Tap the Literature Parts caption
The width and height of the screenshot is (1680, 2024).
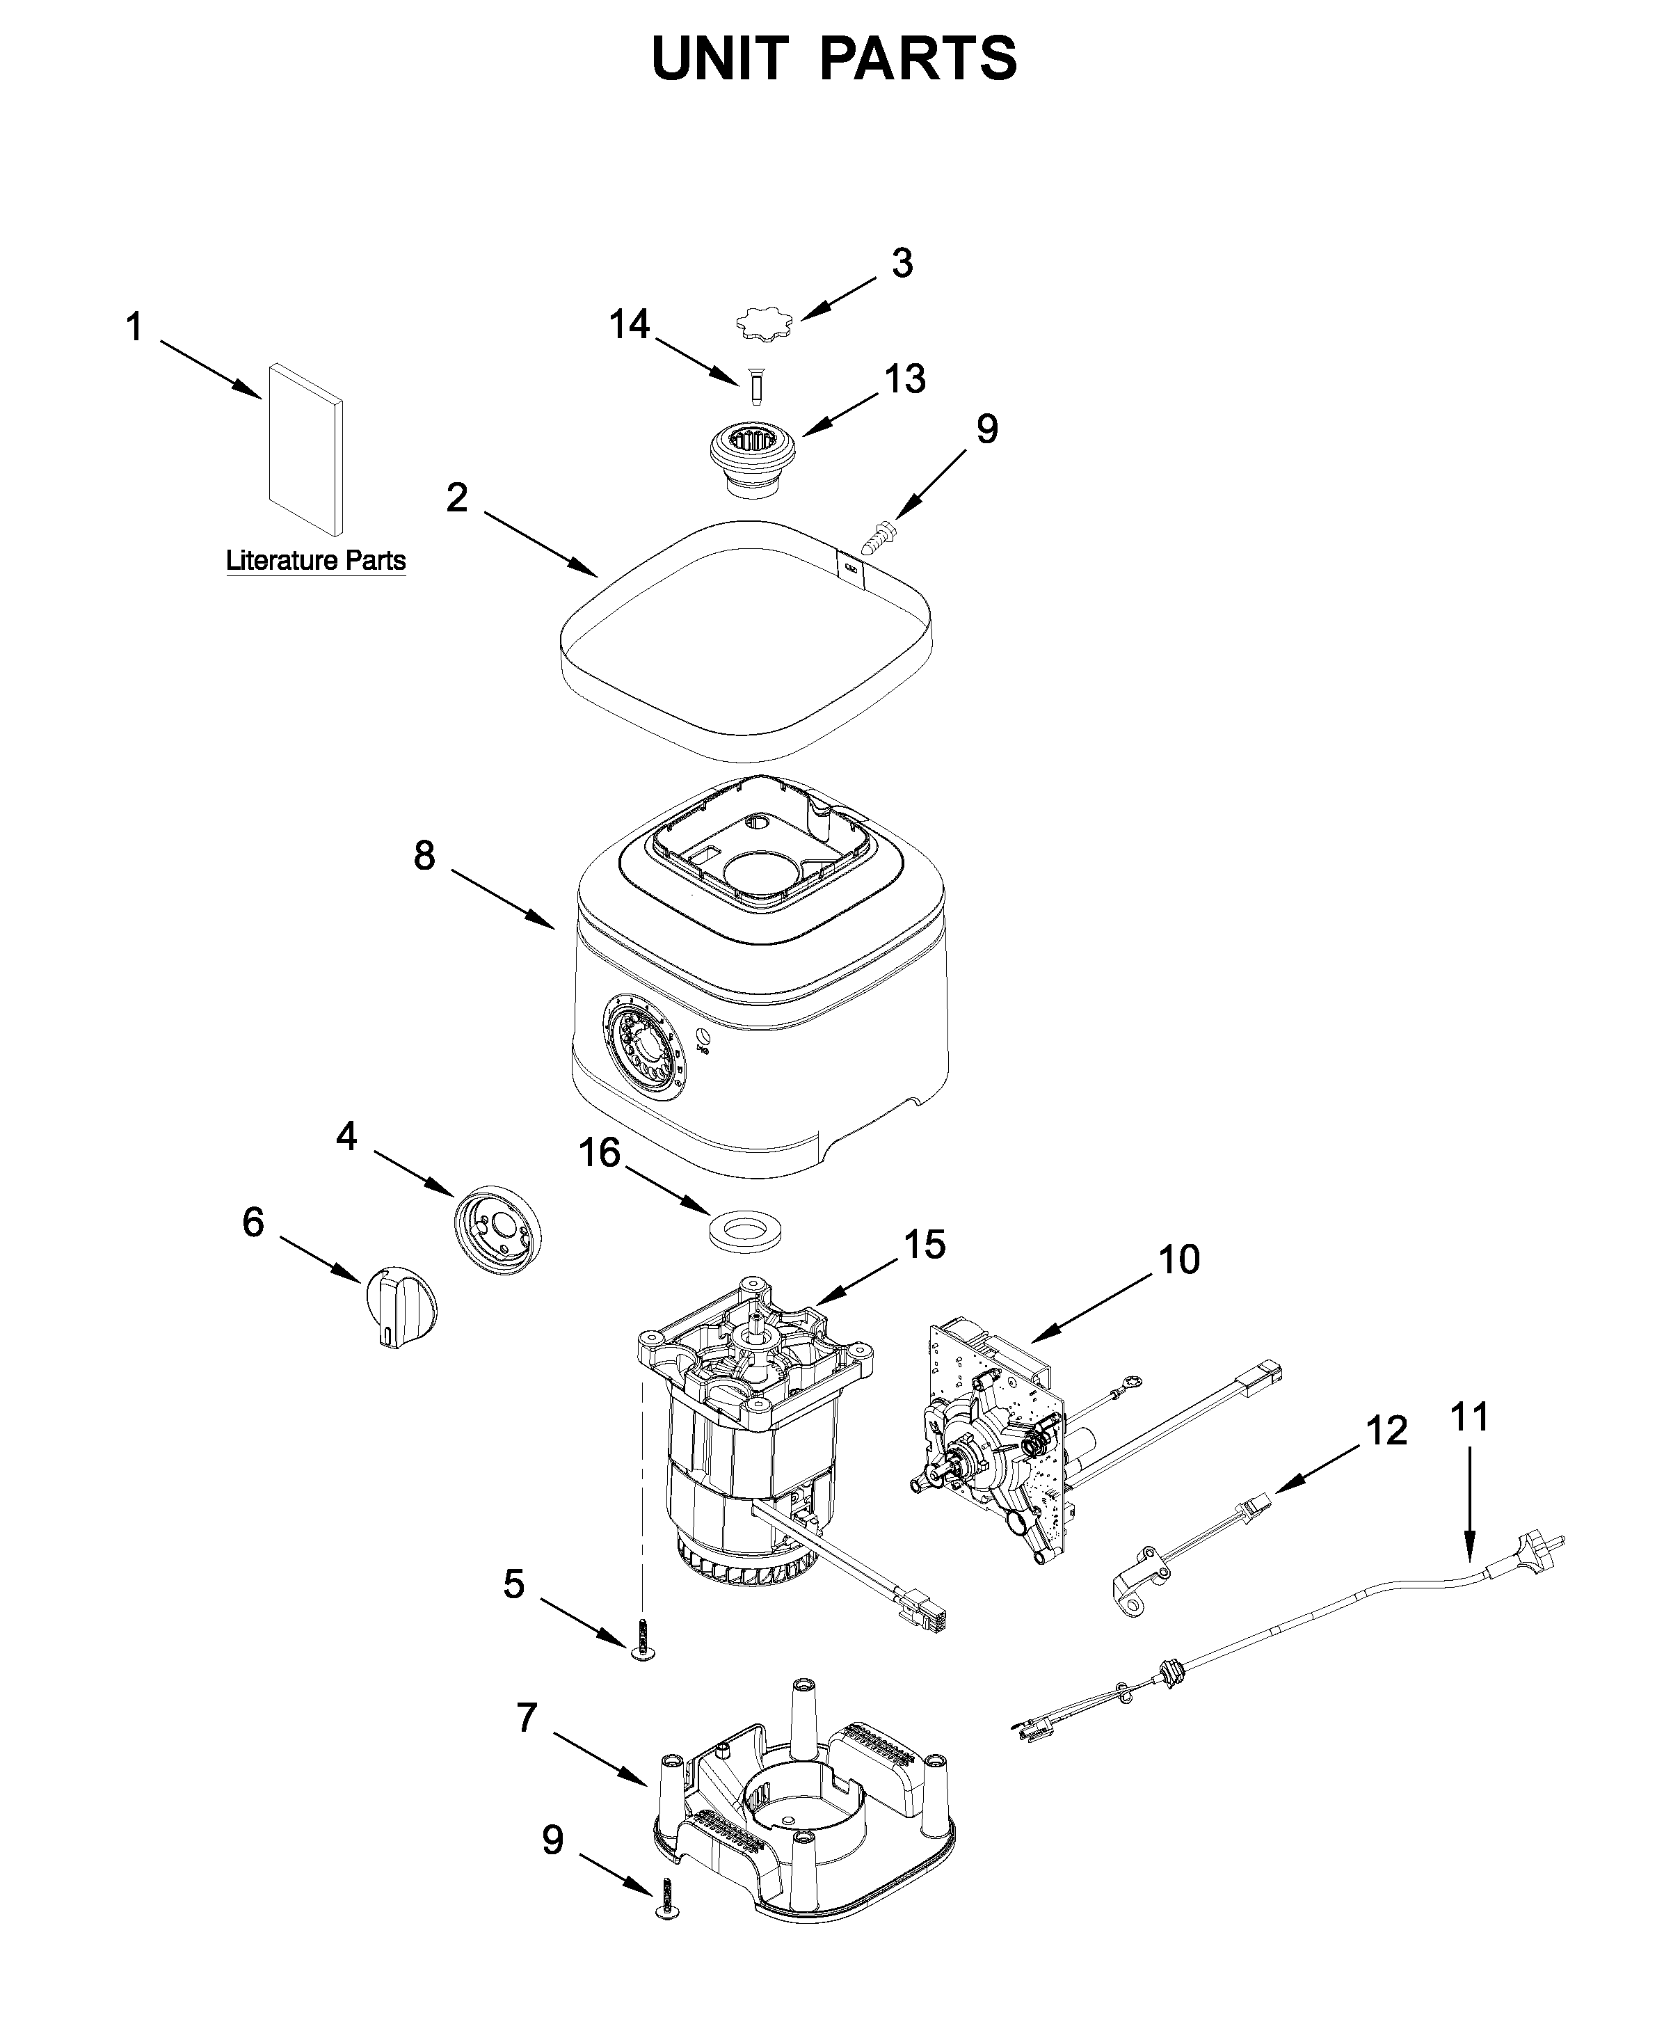tap(315, 560)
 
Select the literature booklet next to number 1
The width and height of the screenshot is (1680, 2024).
tap(305, 448)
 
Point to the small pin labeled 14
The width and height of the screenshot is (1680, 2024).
tap(757, 388)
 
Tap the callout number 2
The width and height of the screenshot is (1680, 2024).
tap(457, 497)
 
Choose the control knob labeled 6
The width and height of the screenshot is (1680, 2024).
tap(400, 1306)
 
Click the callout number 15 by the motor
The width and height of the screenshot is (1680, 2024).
tap(923, 1244)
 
